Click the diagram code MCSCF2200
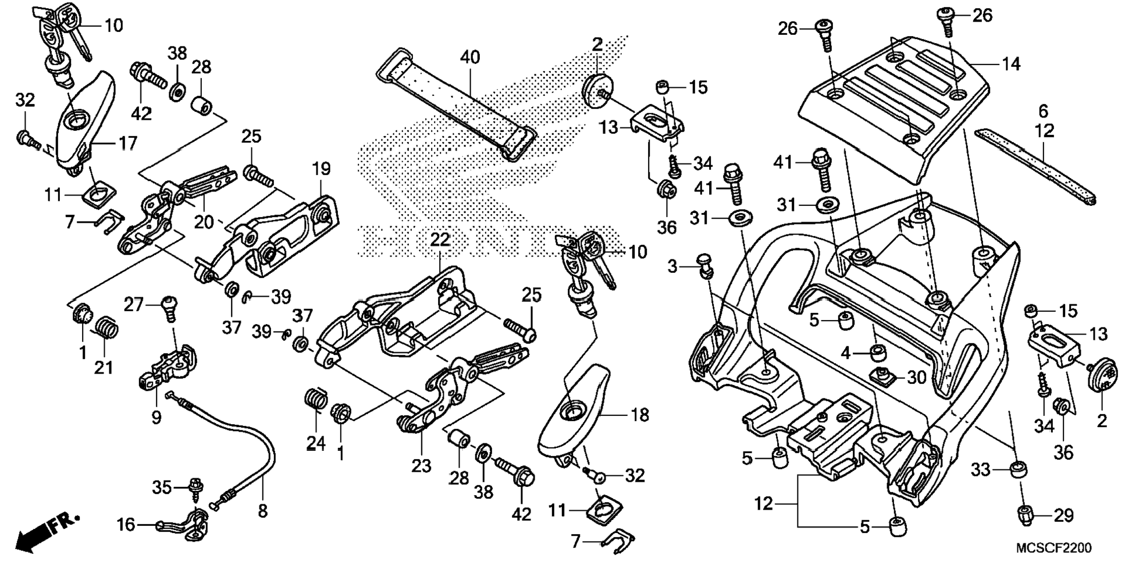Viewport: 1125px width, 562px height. (1053, 548)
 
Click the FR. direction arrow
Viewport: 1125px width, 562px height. (47, 531)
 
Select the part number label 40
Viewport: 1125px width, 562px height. (470, 57)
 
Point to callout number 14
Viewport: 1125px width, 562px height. (1011, 63)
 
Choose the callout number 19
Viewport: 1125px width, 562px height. (321, 169)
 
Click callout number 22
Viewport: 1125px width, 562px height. (440, 239)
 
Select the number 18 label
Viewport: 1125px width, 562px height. (639, 415)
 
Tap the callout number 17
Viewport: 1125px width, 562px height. (128, 143)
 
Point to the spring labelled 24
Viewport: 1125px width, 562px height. (315, 401)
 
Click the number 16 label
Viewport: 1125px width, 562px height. (126, 525)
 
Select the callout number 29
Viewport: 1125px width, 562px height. (1063, 515)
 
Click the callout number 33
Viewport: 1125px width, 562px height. (980, 469)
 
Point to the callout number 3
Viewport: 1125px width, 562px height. (672, 266)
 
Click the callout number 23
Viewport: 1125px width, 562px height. (421, 465)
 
